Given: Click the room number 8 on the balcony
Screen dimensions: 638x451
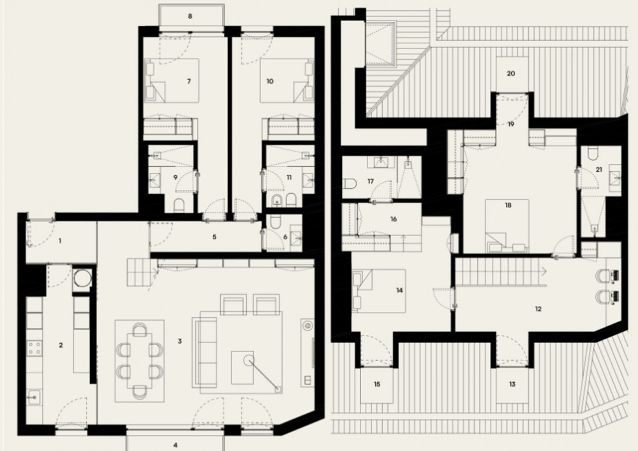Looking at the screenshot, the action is [x=190, y=17].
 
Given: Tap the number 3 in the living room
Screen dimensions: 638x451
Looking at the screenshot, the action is [x=179, y=341].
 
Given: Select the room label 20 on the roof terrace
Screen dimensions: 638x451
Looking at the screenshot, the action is [x=511, y=73].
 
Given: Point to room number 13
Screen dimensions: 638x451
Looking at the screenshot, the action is [x=512, y=384].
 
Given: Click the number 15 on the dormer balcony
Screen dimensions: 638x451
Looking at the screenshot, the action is [x=377, y=384].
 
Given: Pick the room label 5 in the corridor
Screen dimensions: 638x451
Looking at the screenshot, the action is [x=214, y=237].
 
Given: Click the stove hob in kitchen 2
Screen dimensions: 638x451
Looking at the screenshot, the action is [x=34, y=348].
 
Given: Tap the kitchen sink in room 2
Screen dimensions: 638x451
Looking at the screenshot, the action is [x=34, y=397].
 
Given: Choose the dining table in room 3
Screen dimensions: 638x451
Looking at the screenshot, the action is [x=140, y=360].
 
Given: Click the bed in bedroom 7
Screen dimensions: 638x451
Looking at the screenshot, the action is [x=172, y=80].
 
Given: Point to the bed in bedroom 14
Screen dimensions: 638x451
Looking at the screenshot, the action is [x=379, y=291].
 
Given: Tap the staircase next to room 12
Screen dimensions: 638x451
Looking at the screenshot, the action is [x=498, y=272].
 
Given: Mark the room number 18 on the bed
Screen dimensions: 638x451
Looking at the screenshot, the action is [x=508, y=205].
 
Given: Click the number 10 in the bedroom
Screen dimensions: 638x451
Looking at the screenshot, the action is [x=270, y=82].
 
